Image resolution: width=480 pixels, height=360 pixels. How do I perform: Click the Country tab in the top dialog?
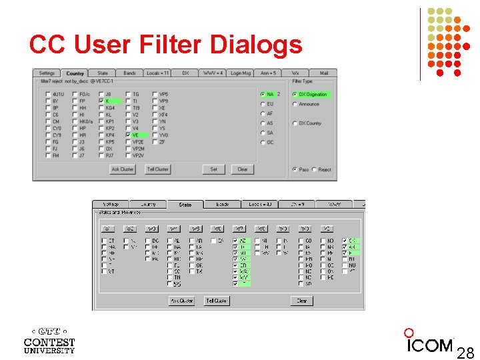[x=75, y=73]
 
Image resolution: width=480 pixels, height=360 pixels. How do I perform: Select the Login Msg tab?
[x=241, y=73]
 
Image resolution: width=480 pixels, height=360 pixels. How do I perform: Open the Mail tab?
[x=323, y=73]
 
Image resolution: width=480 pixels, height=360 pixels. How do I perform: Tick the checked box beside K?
[x=101, y=101]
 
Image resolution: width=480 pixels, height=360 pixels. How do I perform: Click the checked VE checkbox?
[x=128, y=135]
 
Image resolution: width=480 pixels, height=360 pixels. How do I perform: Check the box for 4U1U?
[x=48, y=95]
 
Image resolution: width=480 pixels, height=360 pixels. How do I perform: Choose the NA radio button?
[x=262, y=95]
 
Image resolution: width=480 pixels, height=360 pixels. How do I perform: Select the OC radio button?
[x=262, y=142]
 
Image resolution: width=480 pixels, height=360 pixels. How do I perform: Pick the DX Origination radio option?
[x=295, y=95]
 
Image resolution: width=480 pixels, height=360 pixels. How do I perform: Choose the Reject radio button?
[x=315, y=169]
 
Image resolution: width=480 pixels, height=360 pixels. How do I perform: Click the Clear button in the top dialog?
[x=242, y=169]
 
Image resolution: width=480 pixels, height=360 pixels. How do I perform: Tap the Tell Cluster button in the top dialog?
[x=157, y=169]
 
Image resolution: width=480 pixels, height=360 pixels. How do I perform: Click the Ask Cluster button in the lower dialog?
[x=181, y=301]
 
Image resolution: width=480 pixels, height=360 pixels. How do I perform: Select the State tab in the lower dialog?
[x=185, y=205]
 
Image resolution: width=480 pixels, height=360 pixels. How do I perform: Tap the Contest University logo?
[x=49, y=340]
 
